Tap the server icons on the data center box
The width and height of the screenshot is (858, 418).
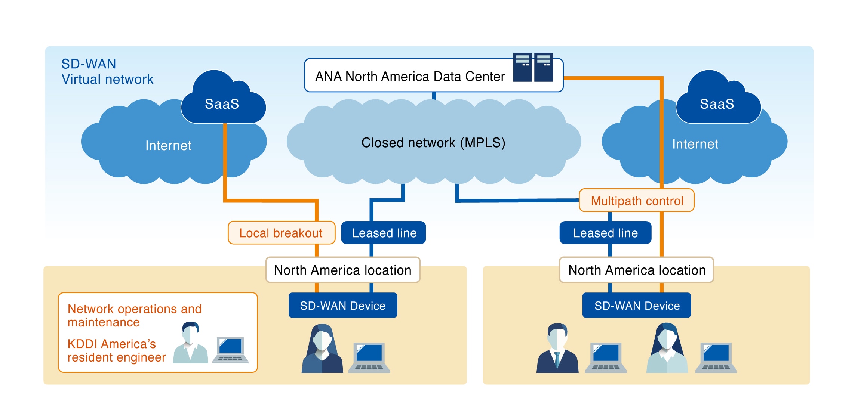tap(533, 67)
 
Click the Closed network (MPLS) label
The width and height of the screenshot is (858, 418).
tap(433, 143)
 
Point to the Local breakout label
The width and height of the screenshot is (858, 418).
tap(281, 233)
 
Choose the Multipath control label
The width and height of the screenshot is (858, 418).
tap(637, 201)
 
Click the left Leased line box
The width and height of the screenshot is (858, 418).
tap(384, 233)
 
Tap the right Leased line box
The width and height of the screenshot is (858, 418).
tap(605, 233)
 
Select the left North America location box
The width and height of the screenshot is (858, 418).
tap(343, 270)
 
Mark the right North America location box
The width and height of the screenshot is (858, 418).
tap(637, 270)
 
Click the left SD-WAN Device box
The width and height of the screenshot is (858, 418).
tap(343, 306)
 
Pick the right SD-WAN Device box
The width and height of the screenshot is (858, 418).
tap(637, 306)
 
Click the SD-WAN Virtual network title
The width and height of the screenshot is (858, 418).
tap(107, 71)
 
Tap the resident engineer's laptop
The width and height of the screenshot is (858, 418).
tap(230, 350)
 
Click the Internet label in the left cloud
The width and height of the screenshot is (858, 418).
tap(168, 145)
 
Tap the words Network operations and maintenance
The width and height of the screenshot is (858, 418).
tap(135, 315)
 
